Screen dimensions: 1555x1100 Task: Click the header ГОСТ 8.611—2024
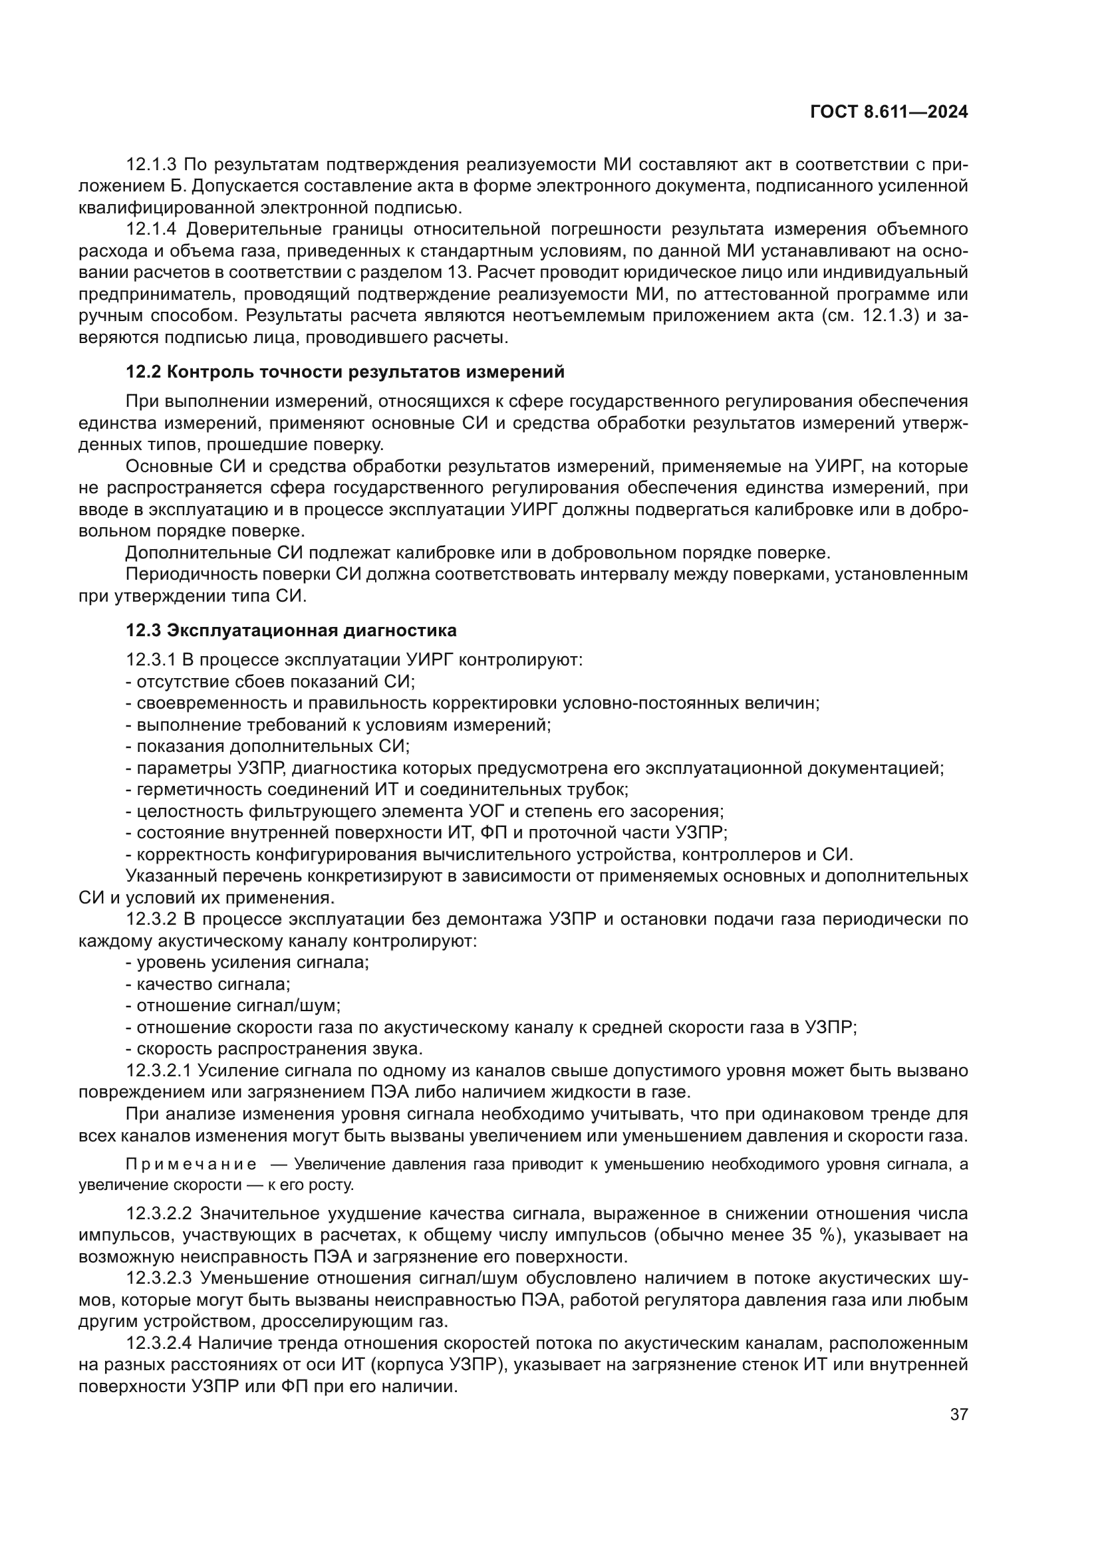(888, 112)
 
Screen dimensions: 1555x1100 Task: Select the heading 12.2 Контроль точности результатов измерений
(344, 372)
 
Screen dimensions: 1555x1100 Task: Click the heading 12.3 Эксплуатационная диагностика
(291, 630)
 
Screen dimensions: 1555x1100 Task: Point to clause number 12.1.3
(151, 165)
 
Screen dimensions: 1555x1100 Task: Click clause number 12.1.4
(152, 229)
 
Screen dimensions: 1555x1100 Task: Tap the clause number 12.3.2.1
(160, 1071)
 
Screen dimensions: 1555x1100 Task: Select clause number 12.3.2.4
(160, 1343)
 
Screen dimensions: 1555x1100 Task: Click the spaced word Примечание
(191, 1164)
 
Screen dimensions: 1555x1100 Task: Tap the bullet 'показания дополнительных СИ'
(268, 747)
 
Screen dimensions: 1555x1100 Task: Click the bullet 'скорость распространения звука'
(274, 1049)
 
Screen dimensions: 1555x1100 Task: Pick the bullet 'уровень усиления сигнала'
(247, 963)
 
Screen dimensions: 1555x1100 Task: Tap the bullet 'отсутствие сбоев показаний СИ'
(271, 681)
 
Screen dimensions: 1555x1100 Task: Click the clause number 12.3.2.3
(160, 1278)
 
